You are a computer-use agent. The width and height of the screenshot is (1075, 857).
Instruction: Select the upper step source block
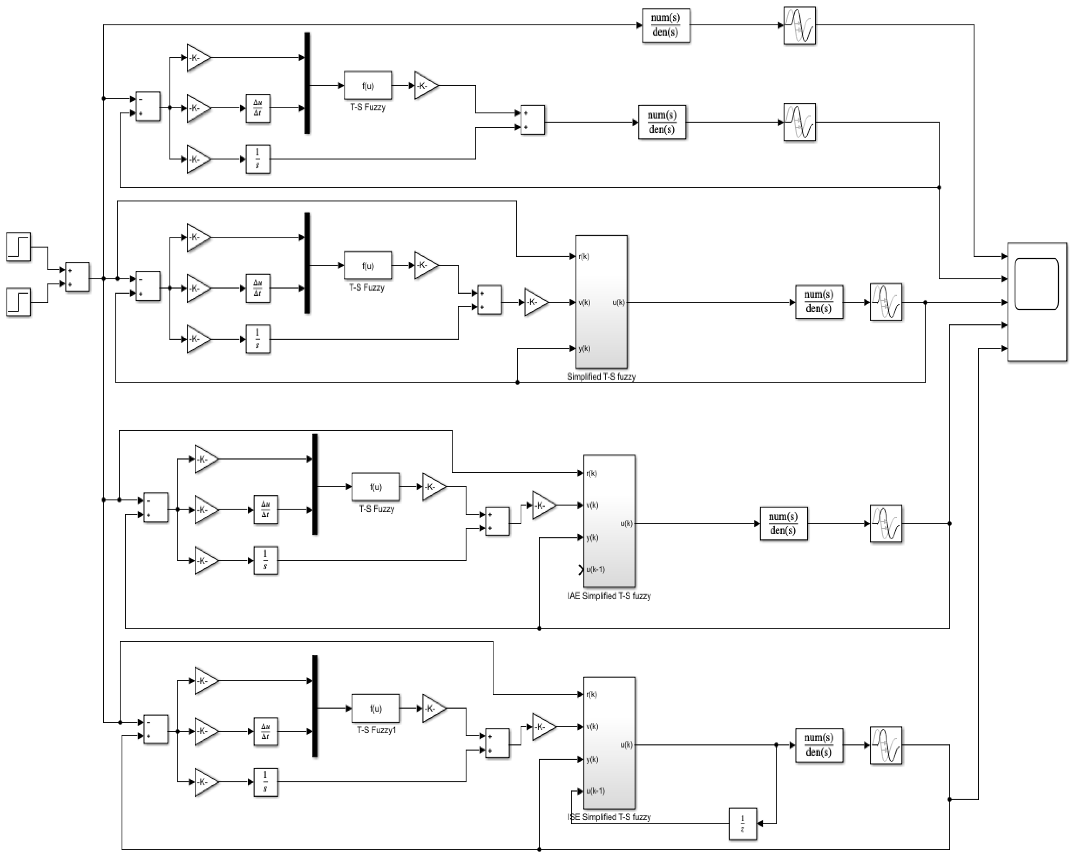(x=18, y=247)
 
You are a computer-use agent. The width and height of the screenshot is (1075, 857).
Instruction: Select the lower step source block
(x=18, y=302)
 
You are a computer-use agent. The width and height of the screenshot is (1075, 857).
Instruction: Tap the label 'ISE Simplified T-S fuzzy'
(x=609, y=817)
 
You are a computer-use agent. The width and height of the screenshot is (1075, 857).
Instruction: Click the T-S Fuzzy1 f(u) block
(x=376, y=708)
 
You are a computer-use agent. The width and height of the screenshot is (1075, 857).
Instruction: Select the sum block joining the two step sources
(x=77, y=277)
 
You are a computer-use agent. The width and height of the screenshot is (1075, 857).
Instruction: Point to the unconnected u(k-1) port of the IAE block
(x=582, y=569)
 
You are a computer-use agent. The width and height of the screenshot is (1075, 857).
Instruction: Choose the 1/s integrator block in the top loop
(x=258, y=159)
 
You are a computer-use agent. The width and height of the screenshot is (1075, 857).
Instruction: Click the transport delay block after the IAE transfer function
(x=885, y=524)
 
